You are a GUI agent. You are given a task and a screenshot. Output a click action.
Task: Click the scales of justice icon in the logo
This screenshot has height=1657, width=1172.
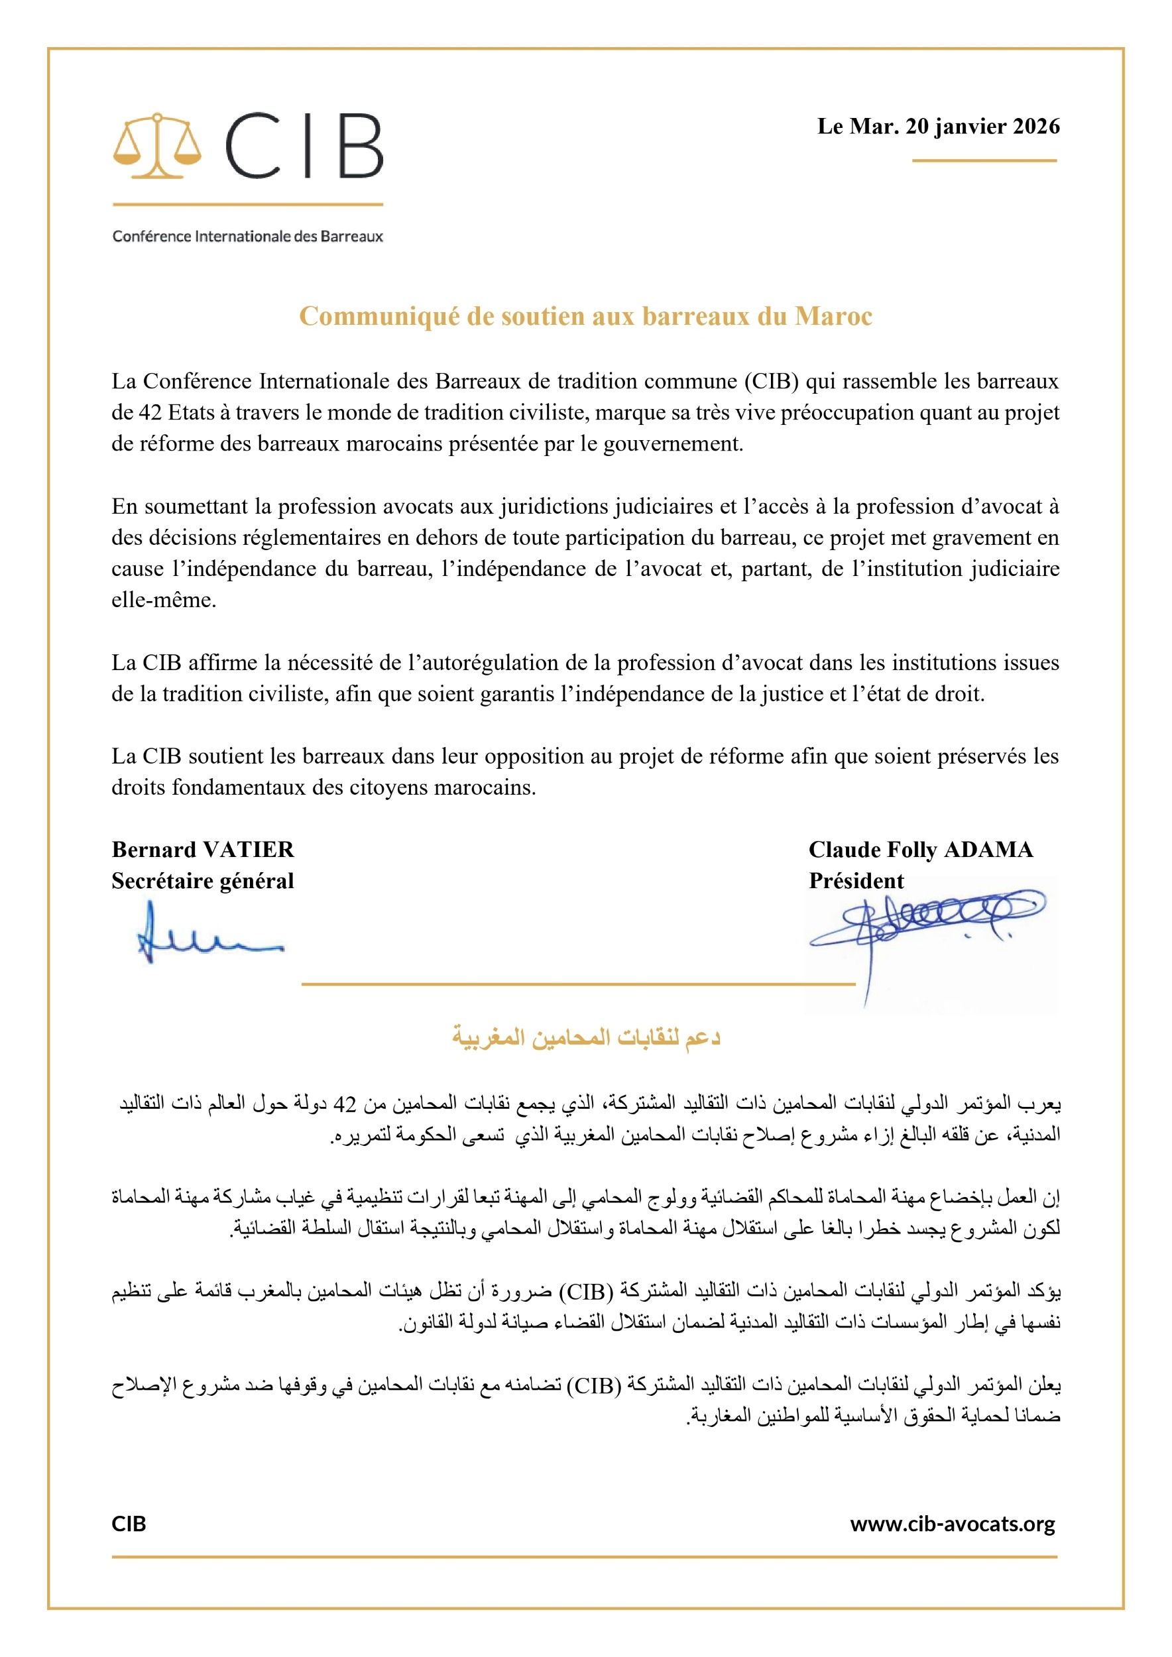pyautogui.click(x=156, y=146)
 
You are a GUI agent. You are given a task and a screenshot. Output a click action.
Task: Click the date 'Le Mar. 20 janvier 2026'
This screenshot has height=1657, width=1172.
pyautogui.click(x=938, y=127)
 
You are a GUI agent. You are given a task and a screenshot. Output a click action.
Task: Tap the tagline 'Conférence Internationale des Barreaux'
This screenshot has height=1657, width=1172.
pyautogui.click(x=247, y=236)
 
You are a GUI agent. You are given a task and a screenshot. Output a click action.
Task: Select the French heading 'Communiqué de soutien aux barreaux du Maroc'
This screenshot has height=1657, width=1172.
pyautogui.click(x=585, y=316)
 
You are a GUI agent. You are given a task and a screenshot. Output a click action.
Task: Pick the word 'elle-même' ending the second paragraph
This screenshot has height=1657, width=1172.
pyautogui.click(x=163, y=599)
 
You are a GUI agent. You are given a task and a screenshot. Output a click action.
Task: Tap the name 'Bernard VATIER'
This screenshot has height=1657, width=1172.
pyautogui.click(x=203, y=850)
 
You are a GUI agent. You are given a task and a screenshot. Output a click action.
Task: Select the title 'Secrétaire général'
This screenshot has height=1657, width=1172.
pyautogui.click(x=203, y=880)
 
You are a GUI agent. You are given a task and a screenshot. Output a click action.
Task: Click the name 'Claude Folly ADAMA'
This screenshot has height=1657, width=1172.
pyautogui.click(x=920, y=850)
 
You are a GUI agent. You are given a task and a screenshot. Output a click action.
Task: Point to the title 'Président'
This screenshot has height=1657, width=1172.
pyautogui.click(x=856, y=880)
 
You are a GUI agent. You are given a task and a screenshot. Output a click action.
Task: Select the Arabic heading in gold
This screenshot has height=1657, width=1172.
pyautogui.click(x=586, y=1037)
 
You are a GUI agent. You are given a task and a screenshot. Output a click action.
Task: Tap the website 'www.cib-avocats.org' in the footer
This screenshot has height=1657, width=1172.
pyautogui.click(x=953, y=1524)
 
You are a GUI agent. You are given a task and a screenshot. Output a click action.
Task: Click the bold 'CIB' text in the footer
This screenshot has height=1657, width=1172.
pyautogui.click(x=129, y=1524)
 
